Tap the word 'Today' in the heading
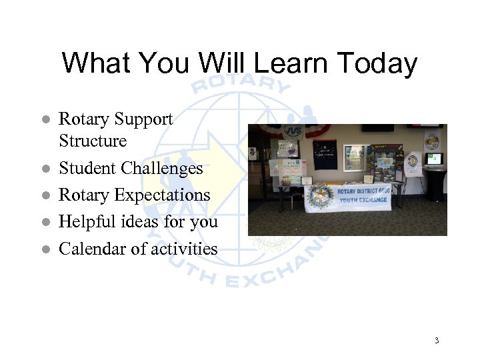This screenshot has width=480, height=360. click(x=378, y=63)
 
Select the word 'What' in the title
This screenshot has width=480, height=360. click(x=100, y=63)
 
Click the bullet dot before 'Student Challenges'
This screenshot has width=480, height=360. click(x=45, y=169)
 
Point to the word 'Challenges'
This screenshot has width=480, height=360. click(x=167, y=169)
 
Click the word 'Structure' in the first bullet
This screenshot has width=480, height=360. click(x=93, y=141)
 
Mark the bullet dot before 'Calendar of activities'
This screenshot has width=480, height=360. click(x=45, y=249)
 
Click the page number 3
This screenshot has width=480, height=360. click(x=437, y=341)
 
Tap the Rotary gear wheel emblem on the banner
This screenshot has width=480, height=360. click(x=320, y=196)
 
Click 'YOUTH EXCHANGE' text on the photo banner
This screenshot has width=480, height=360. click(x=363, y=199)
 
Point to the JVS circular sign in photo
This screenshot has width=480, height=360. click(x=293, y=131)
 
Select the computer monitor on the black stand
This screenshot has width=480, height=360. click(x=435, y=159)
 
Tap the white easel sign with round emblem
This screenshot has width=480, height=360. click(x=413, y=164)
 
